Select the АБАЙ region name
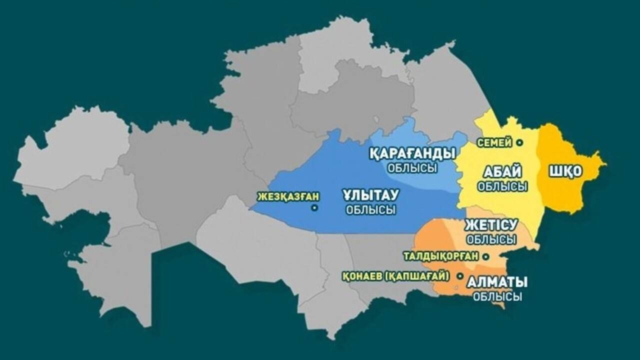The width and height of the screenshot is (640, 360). point(502,172)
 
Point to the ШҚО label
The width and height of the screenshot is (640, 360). point(566,171)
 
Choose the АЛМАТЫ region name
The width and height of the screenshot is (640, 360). point(497,282)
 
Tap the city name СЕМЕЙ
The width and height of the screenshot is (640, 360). point(494,143)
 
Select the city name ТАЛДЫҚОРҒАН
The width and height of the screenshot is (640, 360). point(440,256)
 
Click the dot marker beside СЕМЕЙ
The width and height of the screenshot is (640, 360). point(519,142)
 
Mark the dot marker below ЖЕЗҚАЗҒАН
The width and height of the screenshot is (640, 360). point(314,208)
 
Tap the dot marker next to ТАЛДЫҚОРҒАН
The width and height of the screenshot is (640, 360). point(485,256)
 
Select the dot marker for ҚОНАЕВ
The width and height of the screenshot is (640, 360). point(459,276)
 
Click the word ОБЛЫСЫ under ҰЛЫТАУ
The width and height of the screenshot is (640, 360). point(370,210)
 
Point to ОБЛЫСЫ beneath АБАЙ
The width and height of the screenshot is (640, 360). point(502,186)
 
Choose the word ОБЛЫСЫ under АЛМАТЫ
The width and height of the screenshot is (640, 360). point(497,296)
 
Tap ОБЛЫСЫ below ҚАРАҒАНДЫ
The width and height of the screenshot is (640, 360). point(412,168)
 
